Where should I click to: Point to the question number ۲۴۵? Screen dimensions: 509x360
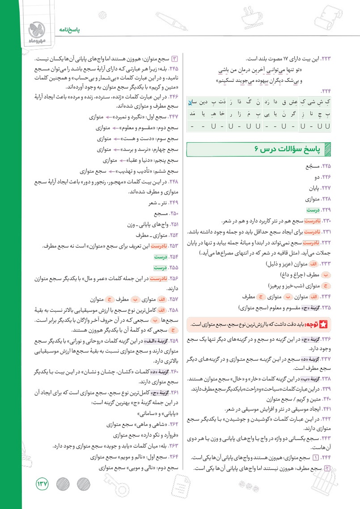[x=173, y=70]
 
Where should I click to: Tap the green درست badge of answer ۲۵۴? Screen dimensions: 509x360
[x=160, y=257]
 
